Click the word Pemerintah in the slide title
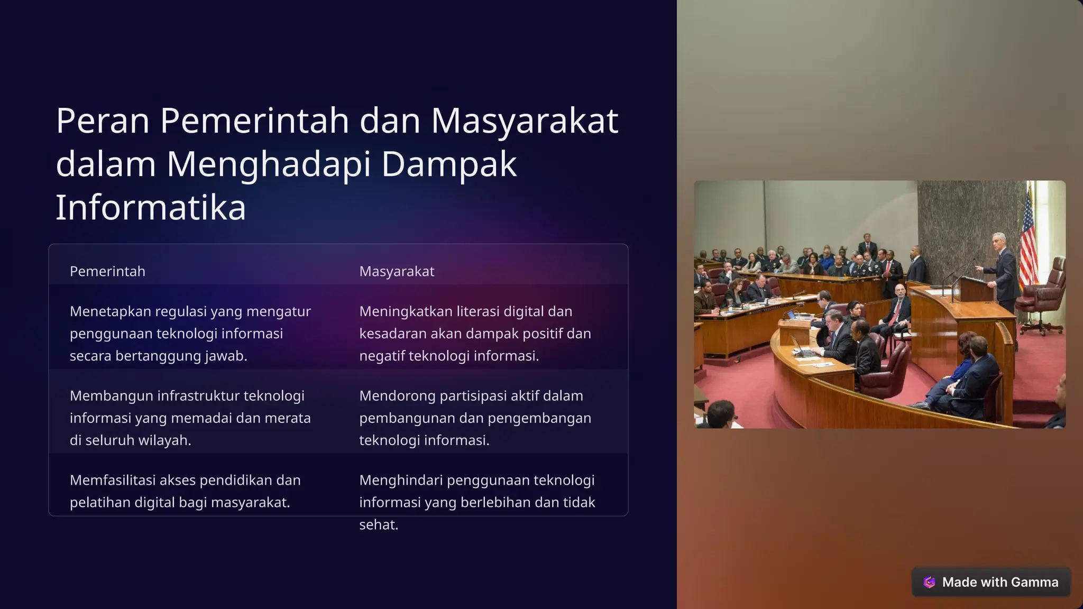pyautogui.click(x=254, y=121)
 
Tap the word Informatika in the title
pyautogui.click(x=151, y=207)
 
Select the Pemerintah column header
pyautogui.click(x=107, y=271)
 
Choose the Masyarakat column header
pyautogui.click(x=397, y=271)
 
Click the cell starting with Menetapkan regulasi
pyautogui.click(x=190, y=334)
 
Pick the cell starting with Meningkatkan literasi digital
pyautogui.click(x=475, y=334)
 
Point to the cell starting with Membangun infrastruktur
pyautogui.click(x=190, y=418)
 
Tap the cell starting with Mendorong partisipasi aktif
pyautogui.click(x=475, y=418)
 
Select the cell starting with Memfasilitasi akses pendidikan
pyautogui.click(x=185, y=491)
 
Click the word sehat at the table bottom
pyautogui.click(x=378, y=525)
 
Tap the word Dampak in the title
pyautogui.click(x=448, y=164)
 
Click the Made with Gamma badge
pyautogui.click(x=991, y=582)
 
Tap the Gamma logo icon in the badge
pyautogui.click(x=929, y=582)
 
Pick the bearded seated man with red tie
pyautogui.click(x=899, y=307)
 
